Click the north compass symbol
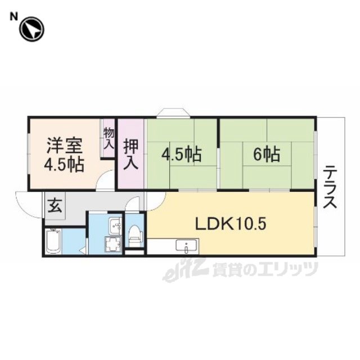pyautogui.click(x=31, y=30)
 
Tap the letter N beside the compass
pyautogui.click(x=13, y=16)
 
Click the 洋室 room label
pyautogui.click(x=65, y=146)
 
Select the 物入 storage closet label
pyautogui.click(x=109, y=138)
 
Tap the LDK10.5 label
pyautogui.click(x=231, y=223)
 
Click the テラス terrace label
pyautogui.click(x=330, y=187)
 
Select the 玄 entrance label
pyautogui.click(x=55, y=206)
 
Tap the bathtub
pyautogui.click(x=53, y=241)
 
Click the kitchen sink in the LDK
pyautogui.click(x=186, y=246)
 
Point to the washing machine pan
pyautogui.click(x=112, y=244)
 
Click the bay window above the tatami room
pyautogui.click(x=173, y=112)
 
